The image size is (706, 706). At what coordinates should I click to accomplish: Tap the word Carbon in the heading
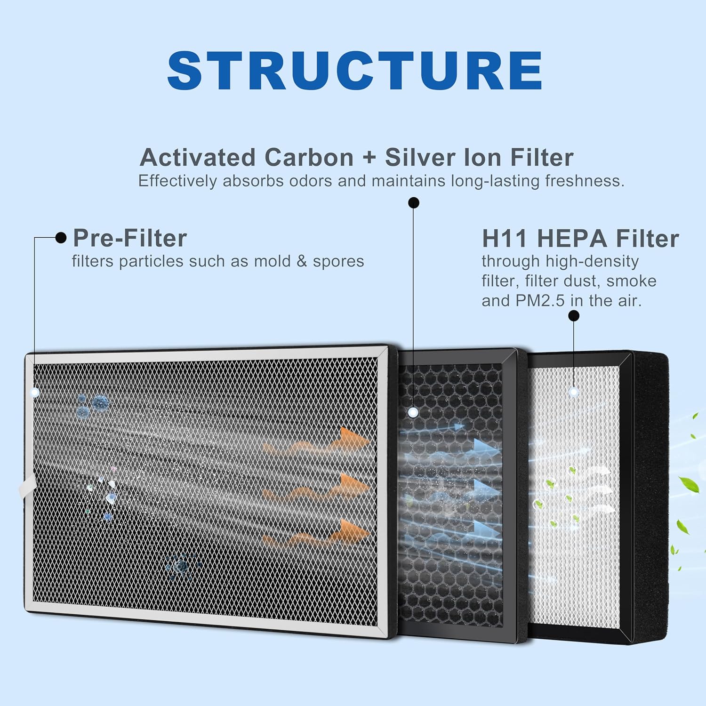309,157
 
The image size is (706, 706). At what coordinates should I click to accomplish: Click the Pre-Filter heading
130,238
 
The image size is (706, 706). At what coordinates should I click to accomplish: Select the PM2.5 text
540,300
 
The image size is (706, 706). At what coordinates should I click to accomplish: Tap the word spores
338,261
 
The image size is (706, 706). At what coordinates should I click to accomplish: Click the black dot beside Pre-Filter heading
61,238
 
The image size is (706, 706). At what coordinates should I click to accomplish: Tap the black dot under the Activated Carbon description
413,203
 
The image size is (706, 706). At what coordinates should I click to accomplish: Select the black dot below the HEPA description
573,316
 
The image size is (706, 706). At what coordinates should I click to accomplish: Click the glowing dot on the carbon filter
413,412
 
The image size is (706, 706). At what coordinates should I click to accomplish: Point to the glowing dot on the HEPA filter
573,392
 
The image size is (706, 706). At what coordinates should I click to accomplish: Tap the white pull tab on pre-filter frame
27,485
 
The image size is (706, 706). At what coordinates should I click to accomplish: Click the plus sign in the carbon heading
369,158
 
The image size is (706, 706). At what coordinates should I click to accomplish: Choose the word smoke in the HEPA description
631,281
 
